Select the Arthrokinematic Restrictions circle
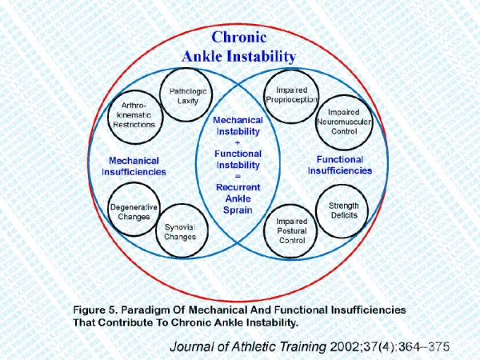point(108,118)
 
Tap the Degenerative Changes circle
point(109,210)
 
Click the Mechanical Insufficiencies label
point(134,166)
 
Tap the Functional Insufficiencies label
point(340,165)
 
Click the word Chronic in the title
point(239,37)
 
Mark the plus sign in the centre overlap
point(238,142)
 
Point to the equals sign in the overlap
point(238,176)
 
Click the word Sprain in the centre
point(238,210)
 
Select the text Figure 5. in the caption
point(95,310)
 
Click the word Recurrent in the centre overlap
point(238,187)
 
